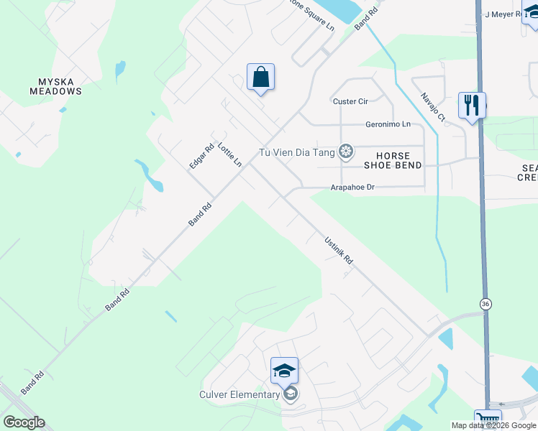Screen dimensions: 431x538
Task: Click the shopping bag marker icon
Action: coord(260,77)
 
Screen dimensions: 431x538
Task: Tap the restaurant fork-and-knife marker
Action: coord(472,106)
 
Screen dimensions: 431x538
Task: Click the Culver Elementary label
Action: coord(240,394)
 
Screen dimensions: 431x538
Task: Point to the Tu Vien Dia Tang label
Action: coord(298,152)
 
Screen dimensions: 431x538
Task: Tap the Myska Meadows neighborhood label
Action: coord(55,86)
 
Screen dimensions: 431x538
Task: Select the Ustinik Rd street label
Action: coord(338,249)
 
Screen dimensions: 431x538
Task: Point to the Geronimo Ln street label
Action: coord(388,124)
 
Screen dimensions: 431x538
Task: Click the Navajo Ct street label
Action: coord(434,107)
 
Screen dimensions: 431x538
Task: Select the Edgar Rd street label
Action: coord(201,157)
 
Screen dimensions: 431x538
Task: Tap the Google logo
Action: coord(24,422)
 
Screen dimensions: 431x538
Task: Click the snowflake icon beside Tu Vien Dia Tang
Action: coord(346,151)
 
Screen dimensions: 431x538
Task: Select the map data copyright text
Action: coord(493,425)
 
